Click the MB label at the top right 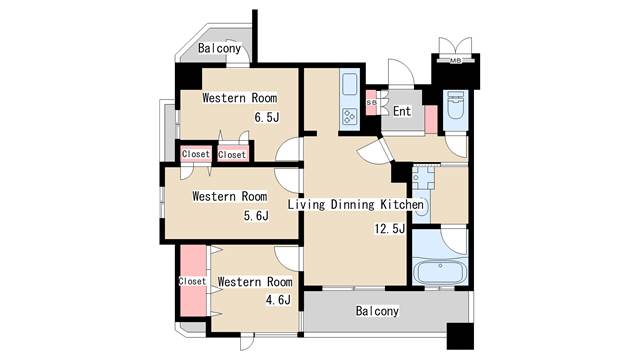[x=456, y=61]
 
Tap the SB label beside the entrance [x=371, y=103]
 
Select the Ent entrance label [x=402, y=111]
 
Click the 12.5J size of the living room [x=390, y=229]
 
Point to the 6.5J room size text [x=267, y=118]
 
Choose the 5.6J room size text [x=256, y=216]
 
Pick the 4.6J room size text [x=278, y=300]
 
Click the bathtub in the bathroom [x=440, y=272]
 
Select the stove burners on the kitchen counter [x=349, y=116]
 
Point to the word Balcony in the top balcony [x=220, y=48]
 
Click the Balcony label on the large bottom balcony [x=377, y=311]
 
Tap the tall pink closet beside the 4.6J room [x=193, y=280]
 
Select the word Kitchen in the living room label [x=402, y=204]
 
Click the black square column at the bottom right [x=460, y=336]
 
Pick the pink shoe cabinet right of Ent [x=431, y=119]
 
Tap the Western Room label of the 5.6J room [x=230, y=196]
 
